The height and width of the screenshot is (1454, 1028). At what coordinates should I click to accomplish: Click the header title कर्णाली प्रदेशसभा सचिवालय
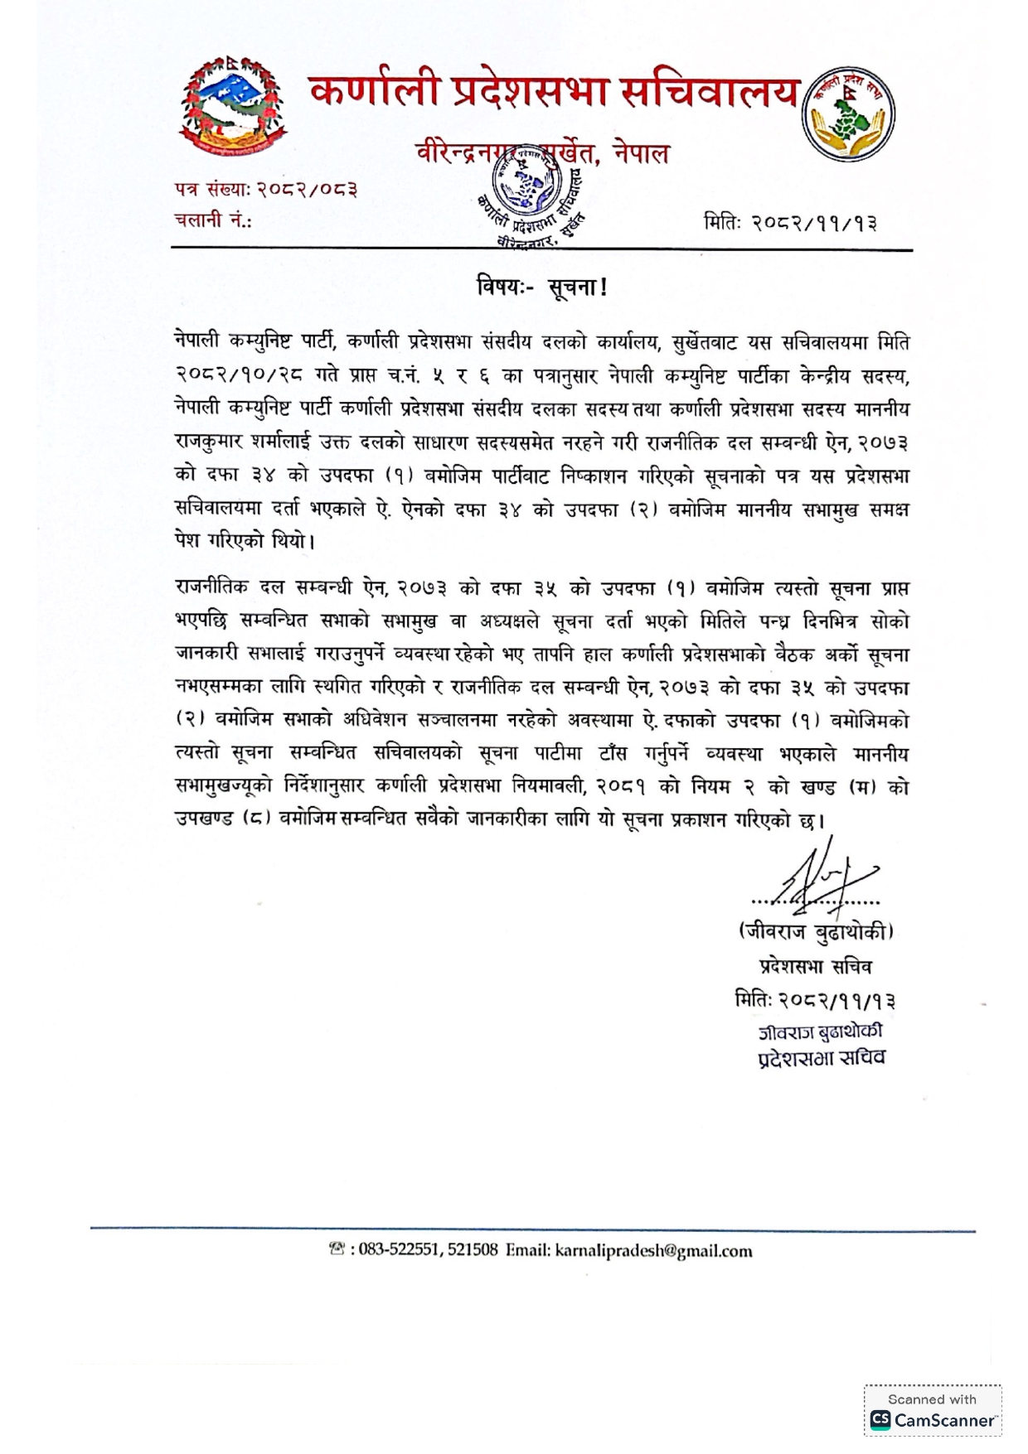(554, 91)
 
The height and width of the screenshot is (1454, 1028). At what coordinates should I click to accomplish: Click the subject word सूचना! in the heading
(578, 288)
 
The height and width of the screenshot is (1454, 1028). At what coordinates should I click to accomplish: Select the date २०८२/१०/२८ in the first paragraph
(239, 375)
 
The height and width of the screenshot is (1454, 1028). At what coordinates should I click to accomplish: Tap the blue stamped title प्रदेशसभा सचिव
(822, 1058)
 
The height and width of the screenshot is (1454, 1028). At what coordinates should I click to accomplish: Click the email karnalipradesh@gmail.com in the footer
(653, 1251)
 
